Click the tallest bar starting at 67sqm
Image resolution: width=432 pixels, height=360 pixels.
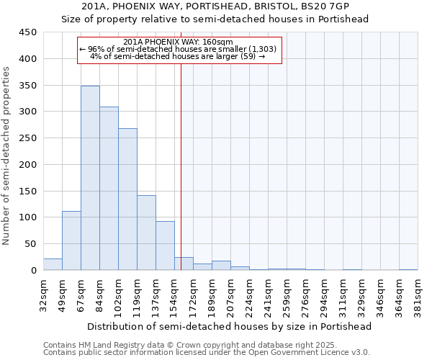point(90,178)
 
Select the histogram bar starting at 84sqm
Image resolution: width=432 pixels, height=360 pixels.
point(109,189)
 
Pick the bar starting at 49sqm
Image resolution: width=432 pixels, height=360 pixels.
point(71,240)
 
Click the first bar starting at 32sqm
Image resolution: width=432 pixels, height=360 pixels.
point(53,264)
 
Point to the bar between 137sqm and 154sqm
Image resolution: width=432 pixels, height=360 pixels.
point(165,246)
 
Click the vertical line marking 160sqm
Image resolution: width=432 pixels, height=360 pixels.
point(181,166)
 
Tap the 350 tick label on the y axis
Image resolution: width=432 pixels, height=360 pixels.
point(28,86)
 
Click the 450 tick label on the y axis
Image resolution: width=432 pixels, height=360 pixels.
point(28,32)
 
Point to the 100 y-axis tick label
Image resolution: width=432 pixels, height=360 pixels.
point(28,217)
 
